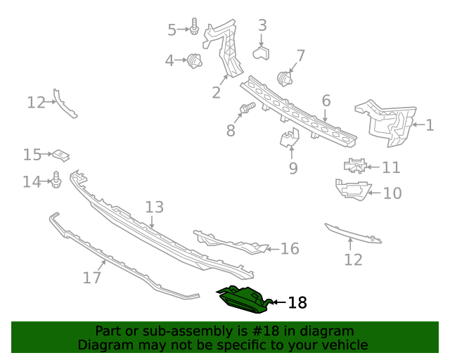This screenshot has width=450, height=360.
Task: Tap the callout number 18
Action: coord(297,303)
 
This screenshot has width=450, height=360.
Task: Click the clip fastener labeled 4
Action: coord(195,61)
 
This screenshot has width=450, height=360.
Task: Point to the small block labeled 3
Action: coord(263,51)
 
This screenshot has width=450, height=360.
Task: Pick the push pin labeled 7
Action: coord(285,76)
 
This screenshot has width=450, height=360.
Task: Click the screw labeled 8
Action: coord(246,109)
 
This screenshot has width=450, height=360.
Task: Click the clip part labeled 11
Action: coord(356,166)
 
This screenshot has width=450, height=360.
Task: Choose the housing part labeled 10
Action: coord(352,190)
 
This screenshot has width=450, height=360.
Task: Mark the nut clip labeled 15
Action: coord(62,155)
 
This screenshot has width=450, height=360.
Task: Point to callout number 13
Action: coord(154,207)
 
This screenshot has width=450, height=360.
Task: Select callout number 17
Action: coord(91,278)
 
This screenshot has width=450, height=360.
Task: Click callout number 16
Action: coord(290,249)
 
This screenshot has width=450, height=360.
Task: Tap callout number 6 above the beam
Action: coord(326,101)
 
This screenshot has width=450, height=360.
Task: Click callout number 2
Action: coord(216,92)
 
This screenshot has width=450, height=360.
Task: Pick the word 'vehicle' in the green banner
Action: coord(345,345)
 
